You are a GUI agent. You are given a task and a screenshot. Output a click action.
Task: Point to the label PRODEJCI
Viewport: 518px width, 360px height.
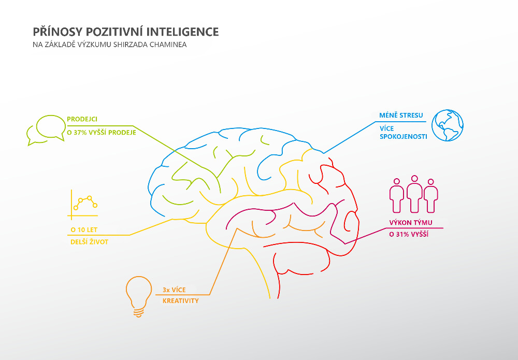coord(83,119)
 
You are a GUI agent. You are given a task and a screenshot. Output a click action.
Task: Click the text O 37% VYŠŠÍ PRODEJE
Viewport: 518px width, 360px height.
coord(102,133)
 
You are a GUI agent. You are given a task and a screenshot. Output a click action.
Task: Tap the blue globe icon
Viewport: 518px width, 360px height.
coord(448,125)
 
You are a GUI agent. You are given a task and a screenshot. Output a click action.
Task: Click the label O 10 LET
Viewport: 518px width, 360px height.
coord(86,229)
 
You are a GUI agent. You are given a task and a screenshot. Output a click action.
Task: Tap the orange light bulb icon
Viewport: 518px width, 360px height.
coord(137,296)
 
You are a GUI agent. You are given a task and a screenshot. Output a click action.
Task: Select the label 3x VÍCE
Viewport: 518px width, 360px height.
coord(174,289)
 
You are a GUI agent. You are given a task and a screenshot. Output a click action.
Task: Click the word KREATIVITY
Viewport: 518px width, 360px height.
coord(181,301)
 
